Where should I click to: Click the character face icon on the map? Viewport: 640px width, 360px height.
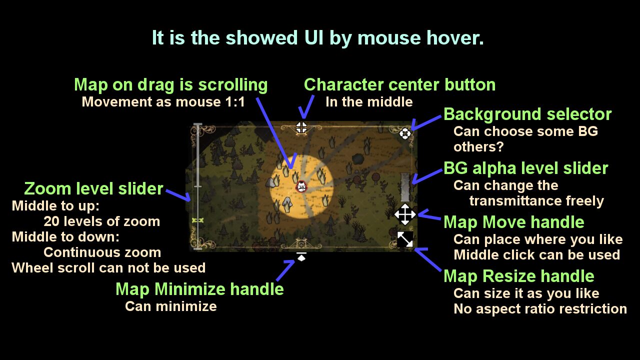click(x=301, y=186)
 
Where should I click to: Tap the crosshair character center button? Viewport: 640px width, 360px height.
click(x=301, y=127)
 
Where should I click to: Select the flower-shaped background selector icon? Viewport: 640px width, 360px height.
click(x=405, y=133)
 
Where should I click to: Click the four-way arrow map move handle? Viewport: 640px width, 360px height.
click(x=405, y=214)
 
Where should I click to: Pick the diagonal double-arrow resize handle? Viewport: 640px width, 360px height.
click(x=405, y=239)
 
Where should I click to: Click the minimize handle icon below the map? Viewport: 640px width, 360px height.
click(x=301, y=256)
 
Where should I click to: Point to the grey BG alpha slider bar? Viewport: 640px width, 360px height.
click(x=405, y=187)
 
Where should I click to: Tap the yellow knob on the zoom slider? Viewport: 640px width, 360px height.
click(x=197, y=220)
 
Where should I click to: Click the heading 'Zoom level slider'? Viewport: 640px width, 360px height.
click(x=93, y=188)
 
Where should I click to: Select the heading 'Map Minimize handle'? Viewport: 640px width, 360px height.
click(x=199, y=289)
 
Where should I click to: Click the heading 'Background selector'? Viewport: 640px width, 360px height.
click(x=527, y=114)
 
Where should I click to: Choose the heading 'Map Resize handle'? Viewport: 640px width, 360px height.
click(x=519, y=276)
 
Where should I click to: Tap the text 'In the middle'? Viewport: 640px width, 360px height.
click(x=369, y=102)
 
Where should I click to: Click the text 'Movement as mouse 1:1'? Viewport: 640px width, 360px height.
click(x=163, y=102)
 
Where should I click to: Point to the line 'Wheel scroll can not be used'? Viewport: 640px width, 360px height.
click(x=108, y=267)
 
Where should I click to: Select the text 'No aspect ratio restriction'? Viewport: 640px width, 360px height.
click(x=540, y=309)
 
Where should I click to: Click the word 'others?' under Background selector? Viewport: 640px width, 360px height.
click(x=478, y=147)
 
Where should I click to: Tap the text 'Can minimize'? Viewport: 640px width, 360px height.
click(x=171, y=306)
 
